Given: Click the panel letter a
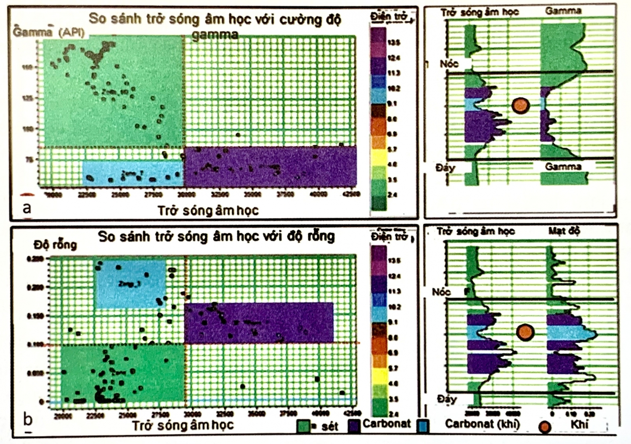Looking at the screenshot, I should (x=27, y=208).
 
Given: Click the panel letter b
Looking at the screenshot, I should (x=28, y=419).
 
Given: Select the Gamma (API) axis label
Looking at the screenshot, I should (x=49, y=32).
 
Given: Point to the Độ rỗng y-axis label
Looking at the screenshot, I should (x=56, y=244).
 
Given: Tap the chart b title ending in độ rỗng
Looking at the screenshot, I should (x=217, y=236).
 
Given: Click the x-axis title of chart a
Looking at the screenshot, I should (x=208, y=210).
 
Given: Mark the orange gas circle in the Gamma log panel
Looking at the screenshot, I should (x=521, y=106).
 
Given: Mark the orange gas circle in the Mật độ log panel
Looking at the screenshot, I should (x=525, y=332).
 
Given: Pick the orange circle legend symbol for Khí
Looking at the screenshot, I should (x=545, y=427).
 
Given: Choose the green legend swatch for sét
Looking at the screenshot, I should (x=303, y=426).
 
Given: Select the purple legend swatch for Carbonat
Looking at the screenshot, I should (x=355, y=426).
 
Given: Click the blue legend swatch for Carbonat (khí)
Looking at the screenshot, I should (x=423, y=426).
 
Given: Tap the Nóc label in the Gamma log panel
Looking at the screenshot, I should (x=449, y=64).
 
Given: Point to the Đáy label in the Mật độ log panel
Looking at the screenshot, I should (x=446, y=399).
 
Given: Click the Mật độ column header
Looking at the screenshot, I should (x=564, y=231).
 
